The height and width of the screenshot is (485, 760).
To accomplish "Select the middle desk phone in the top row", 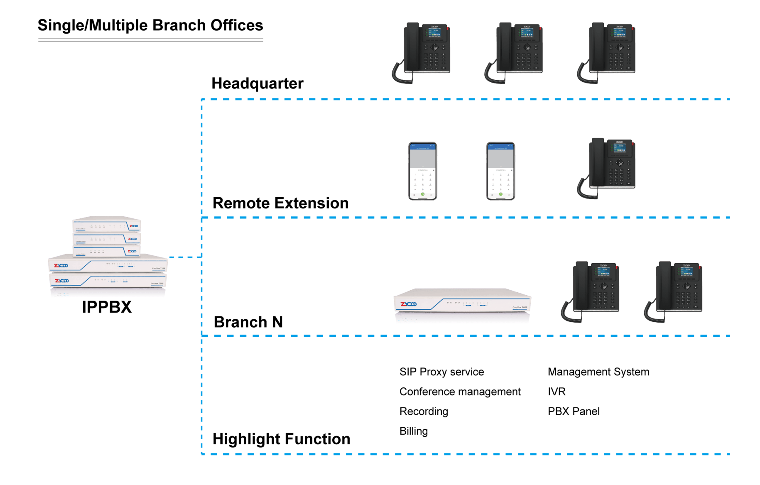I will (515, 50).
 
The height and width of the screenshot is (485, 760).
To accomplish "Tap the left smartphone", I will (423, 171).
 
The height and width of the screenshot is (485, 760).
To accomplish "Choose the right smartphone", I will (500, 171).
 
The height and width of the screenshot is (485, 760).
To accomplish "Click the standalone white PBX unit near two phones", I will (462, 303).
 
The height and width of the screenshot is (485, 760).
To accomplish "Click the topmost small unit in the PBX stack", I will (107, 225).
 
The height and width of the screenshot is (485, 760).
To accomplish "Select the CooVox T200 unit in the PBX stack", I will (108, 263).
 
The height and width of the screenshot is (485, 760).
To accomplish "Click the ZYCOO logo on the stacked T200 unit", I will (61, 265).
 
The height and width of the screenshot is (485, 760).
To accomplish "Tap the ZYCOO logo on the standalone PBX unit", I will (409, 304).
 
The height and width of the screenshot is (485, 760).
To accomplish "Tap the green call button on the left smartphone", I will (423, 194).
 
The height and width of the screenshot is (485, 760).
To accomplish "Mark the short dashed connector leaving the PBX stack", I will (185, 257).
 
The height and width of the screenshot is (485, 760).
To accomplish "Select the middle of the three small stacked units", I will (107, 239).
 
